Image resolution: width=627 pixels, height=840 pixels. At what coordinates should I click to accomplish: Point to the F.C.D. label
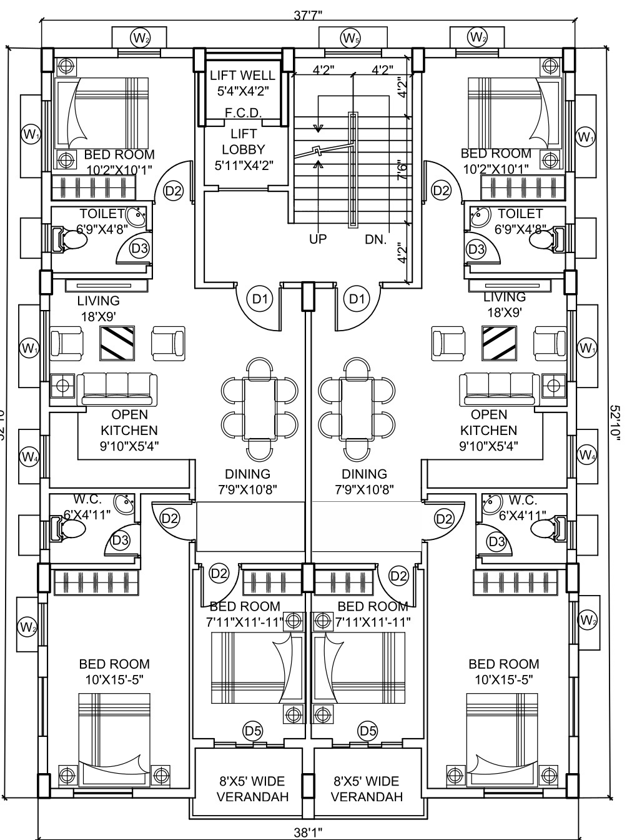[243, 113]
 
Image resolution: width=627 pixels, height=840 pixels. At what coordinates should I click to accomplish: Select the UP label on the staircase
[318, 239]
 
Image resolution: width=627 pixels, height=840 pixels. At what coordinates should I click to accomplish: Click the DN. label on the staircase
[376, 239]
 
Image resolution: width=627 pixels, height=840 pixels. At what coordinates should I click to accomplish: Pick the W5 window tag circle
[350, 38]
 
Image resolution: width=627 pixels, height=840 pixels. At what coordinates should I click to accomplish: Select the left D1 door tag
[259, 299]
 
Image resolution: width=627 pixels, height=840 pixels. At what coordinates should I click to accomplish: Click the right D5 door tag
[367, 730]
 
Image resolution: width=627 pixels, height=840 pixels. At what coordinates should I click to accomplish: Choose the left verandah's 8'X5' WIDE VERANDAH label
[252, 789]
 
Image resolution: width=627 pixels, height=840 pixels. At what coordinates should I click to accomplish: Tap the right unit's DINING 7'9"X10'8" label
[364, 482]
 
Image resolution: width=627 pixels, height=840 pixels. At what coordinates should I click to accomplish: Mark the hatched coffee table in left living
[117, 343]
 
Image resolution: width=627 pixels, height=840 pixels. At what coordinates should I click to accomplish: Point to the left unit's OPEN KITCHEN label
[129, 430]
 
